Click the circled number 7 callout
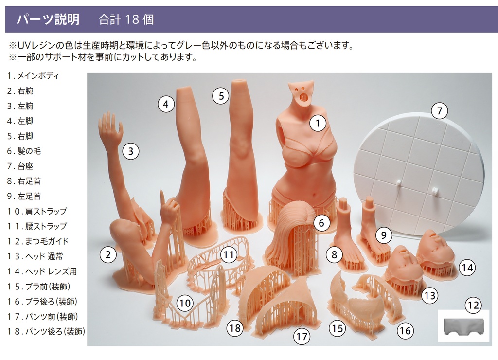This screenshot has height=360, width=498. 439,111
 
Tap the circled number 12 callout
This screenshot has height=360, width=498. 473,306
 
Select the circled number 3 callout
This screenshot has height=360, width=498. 130,151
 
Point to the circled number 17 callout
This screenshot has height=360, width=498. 302,337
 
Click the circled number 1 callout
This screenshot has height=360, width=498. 318,124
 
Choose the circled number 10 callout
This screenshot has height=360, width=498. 184,304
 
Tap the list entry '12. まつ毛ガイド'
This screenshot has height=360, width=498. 37,241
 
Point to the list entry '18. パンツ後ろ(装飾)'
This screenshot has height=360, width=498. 46,332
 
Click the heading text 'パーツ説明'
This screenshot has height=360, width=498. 48,19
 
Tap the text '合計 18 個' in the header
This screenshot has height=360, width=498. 126,19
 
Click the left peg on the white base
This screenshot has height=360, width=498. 398,182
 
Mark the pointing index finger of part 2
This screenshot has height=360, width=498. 162,197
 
